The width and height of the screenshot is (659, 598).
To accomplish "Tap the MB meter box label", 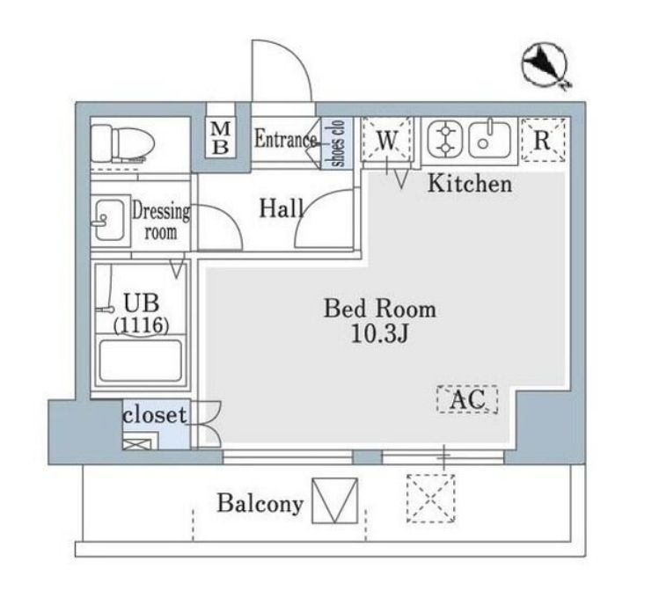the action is [221, 138].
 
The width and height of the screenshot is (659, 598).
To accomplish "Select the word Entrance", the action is [285, 139].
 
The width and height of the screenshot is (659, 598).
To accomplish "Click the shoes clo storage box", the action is [338, 143].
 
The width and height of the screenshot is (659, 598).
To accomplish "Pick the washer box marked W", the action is [386, 140].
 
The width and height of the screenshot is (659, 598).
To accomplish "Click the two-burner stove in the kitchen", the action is [445, 140].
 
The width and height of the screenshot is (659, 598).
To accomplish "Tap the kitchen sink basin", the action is [489, 140].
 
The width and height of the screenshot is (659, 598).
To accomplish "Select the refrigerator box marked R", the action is [543, 140].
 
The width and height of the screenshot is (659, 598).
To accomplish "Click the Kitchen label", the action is [470, 184].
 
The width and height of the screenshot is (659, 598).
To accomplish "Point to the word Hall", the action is [282, 208].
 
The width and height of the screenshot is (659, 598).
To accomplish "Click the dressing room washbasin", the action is [109, 220].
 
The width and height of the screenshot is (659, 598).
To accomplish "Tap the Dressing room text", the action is [161, 222].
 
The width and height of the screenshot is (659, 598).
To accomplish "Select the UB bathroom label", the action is [141, 303].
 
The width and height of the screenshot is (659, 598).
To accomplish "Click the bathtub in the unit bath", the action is [141, 361].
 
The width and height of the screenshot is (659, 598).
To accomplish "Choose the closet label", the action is [155, 415].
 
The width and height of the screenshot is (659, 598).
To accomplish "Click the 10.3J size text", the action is [379, 335].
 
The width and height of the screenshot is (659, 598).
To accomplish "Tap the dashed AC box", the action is [467, 399].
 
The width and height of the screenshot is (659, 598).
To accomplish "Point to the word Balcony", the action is [260, 503].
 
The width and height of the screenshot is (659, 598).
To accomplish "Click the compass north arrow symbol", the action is [546, 65].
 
